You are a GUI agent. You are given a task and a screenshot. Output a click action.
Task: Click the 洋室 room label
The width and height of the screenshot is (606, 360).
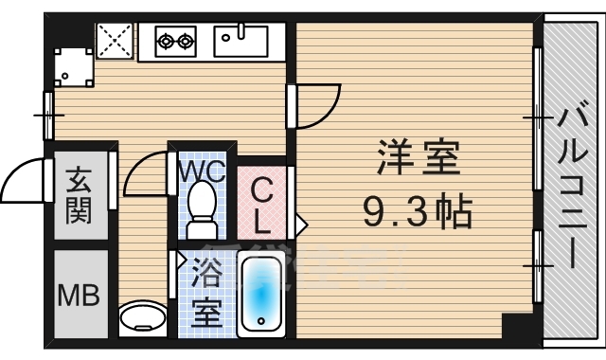tap(419, 156)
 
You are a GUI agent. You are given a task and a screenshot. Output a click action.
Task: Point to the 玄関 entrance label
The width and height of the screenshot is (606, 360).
tap(80, 194)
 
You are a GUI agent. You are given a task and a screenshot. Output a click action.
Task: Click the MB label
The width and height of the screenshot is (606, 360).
tap(80, 294)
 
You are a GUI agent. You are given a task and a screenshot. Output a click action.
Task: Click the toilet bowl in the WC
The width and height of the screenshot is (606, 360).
tap(201, 208)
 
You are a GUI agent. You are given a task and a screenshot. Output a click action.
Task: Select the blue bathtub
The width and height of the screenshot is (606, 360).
tap(262, 292)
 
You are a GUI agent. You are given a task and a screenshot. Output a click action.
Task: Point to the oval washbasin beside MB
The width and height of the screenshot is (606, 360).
tap(143, 315)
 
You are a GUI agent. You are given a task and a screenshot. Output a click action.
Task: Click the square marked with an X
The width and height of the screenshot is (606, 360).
tap(116, 42)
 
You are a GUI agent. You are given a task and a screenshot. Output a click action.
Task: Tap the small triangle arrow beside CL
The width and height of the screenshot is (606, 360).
tap(301, 225)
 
